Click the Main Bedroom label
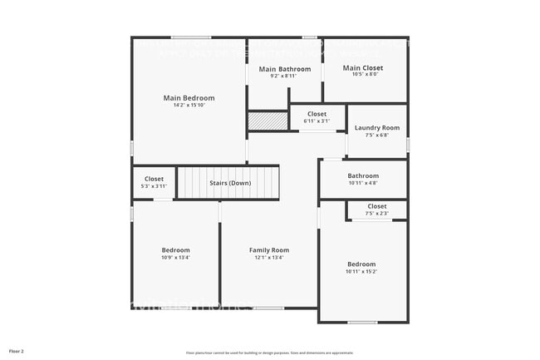(189, 98)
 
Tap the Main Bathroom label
(278, 69)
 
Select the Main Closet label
(363, 67)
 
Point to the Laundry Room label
(376, 128)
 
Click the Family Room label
(269, 250)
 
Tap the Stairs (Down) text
(230, 183)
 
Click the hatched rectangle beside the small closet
(268, 121)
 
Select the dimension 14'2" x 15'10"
(189, 106)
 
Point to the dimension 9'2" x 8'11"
(278, 76)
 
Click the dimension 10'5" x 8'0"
(363, 74)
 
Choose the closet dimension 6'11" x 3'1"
(317, 121)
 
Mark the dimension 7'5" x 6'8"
(376, 135)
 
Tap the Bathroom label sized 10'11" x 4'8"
(363, 176)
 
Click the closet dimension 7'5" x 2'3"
(376, 214)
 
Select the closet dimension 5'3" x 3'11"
(154, 185)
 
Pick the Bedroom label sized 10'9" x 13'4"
(175, 250)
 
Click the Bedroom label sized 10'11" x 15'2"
(361, 264)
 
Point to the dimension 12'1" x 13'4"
(269, 258)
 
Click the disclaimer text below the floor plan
(269, 353)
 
